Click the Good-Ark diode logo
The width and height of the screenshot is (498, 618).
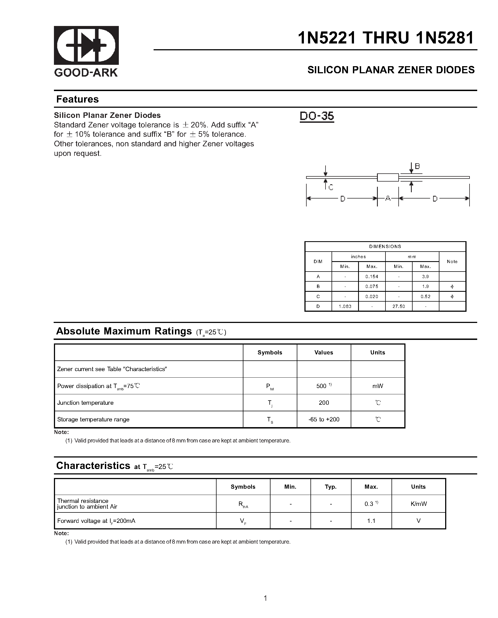[x=86, y=45]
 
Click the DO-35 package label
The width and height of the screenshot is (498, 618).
[x=316, y=116]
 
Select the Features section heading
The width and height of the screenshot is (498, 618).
[x=77, y=99]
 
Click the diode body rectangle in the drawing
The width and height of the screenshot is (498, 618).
[x=387, y=177]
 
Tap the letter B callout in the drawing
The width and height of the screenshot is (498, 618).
[x=417, y=166]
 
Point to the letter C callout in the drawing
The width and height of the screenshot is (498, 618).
[x=331, y=188]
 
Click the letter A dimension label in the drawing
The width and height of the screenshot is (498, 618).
[x=388, y=198]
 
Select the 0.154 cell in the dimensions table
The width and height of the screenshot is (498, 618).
[x=372, y=277]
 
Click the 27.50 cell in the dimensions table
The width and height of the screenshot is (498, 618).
[x=398, y=307]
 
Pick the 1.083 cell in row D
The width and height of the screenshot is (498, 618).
[x=345, y=307]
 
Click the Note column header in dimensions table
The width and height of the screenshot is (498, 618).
[x=452, y=261]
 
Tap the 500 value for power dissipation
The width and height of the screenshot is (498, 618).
[x=321, y=386]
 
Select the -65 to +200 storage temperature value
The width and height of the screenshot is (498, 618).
[x=324, y=419]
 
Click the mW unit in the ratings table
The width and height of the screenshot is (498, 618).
[x=378, y=386]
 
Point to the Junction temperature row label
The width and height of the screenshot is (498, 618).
[x=85, y=403]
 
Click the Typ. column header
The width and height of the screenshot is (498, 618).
[x=331, y=487]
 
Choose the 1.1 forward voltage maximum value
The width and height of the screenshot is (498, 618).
[x=371, y=521]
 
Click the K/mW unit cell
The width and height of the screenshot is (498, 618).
[x=419, y=504]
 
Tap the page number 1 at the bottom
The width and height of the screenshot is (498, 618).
[x=265, y=598]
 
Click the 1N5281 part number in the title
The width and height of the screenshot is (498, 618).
[x=445, y=38]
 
